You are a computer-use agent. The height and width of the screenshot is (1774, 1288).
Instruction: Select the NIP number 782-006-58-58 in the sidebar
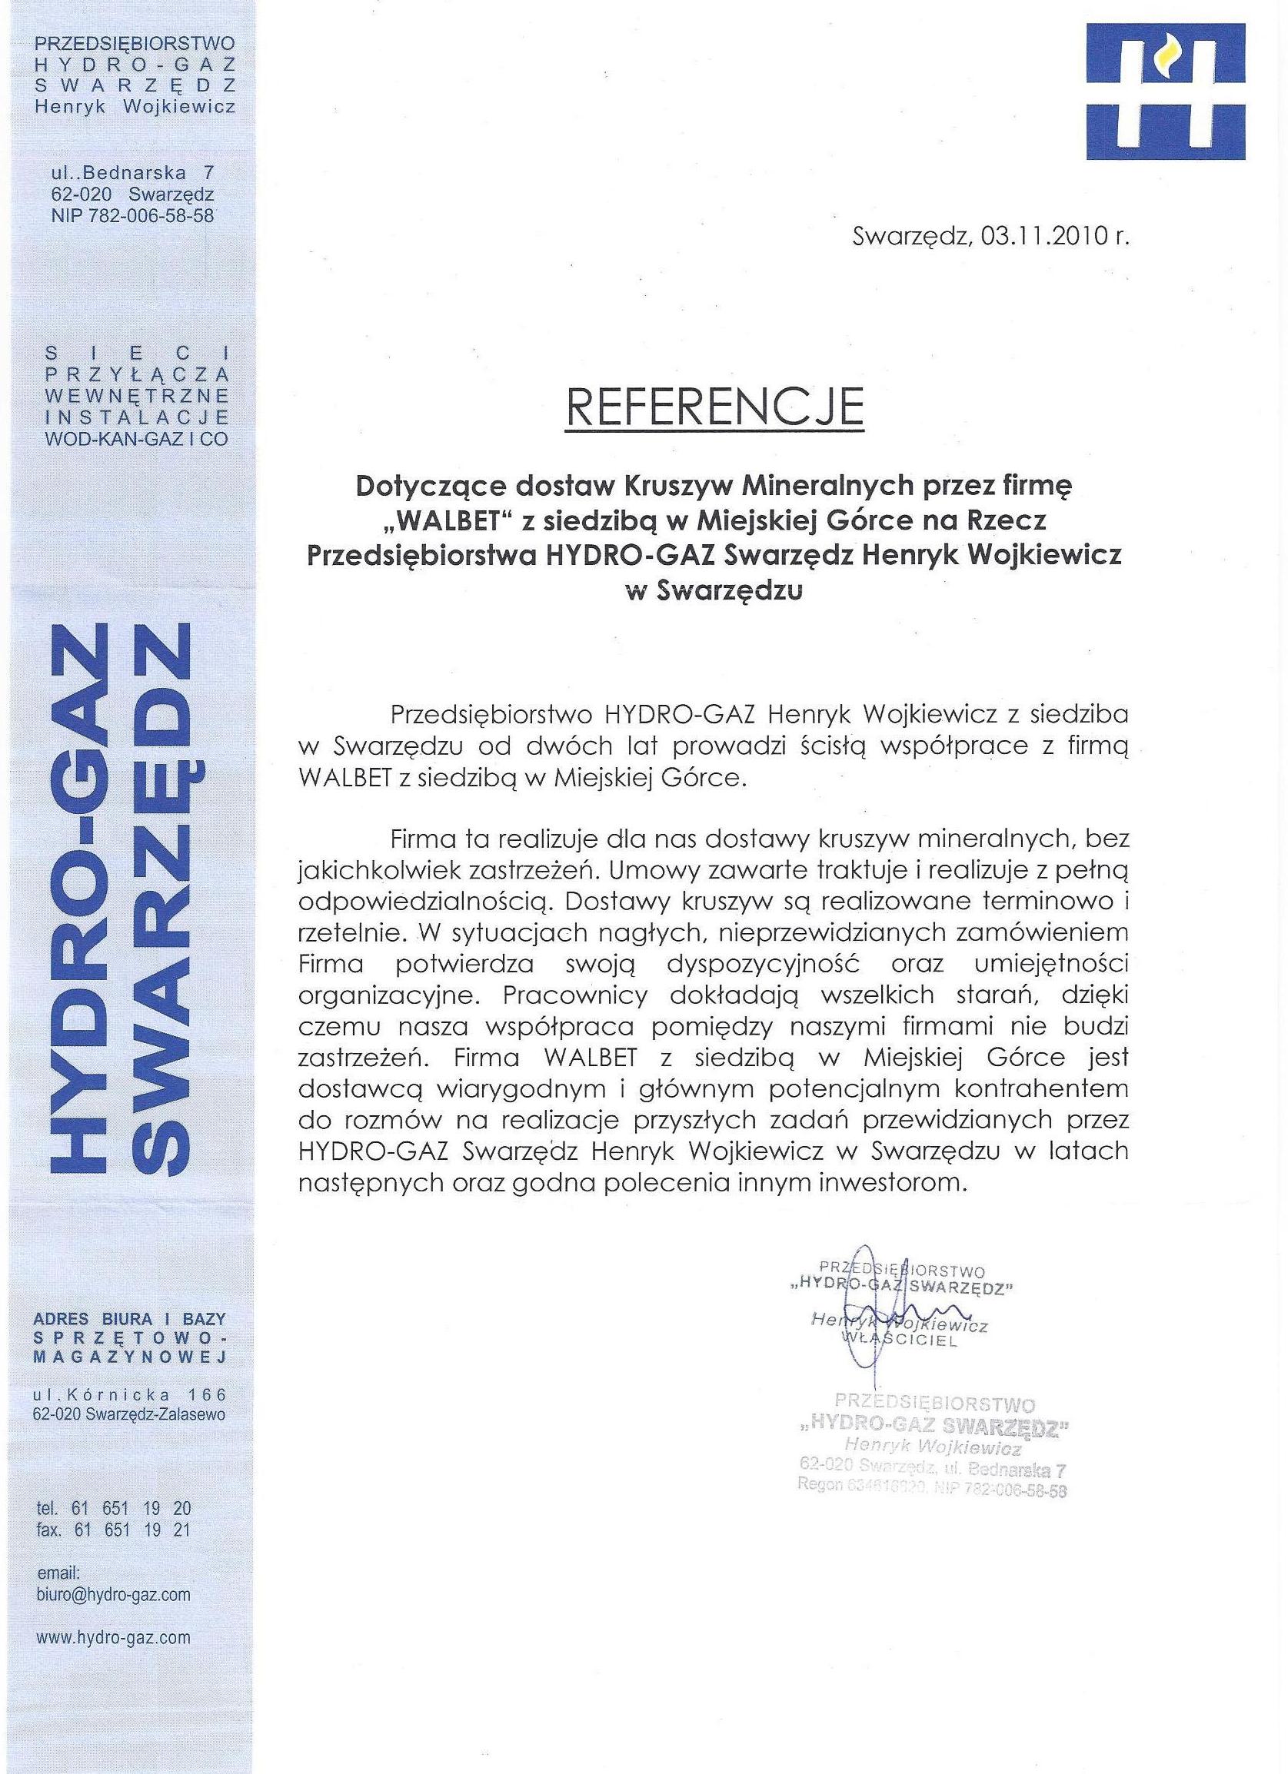coord(132,216)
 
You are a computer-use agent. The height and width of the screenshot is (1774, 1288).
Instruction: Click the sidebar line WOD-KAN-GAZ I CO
coord(136,439)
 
